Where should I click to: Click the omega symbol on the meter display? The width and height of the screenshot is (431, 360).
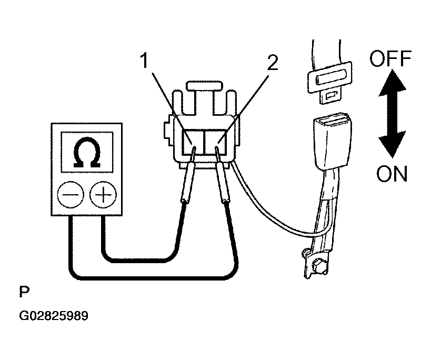(x=87, y=152)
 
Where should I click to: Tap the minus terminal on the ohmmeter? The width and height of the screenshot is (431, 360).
(x=71, y=195)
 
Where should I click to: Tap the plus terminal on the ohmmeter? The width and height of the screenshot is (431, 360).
(x=103, y=195)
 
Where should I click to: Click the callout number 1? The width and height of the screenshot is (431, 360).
(x=144, y=61)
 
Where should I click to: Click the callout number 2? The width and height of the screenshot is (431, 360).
(x=273, y=63)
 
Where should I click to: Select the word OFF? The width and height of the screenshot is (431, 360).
(x=390, y=58)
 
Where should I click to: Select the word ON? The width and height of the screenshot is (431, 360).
(x=392, y=174)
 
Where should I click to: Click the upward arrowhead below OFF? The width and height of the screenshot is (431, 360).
(x=392, y=83)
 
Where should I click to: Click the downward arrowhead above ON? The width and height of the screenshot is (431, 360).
(x=392, y=145)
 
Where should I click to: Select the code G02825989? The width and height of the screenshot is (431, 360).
(x=54, y=316)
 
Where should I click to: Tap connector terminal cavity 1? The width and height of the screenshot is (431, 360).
(x=193, y=142)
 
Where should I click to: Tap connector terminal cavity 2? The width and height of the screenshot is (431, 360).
(x=215, y=142)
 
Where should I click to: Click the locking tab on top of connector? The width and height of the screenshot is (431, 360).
(x=204, y=85)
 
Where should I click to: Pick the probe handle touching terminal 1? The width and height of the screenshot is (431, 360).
(x=188, y=182)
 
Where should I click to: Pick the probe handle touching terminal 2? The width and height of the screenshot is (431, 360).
(x=224, y=182)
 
